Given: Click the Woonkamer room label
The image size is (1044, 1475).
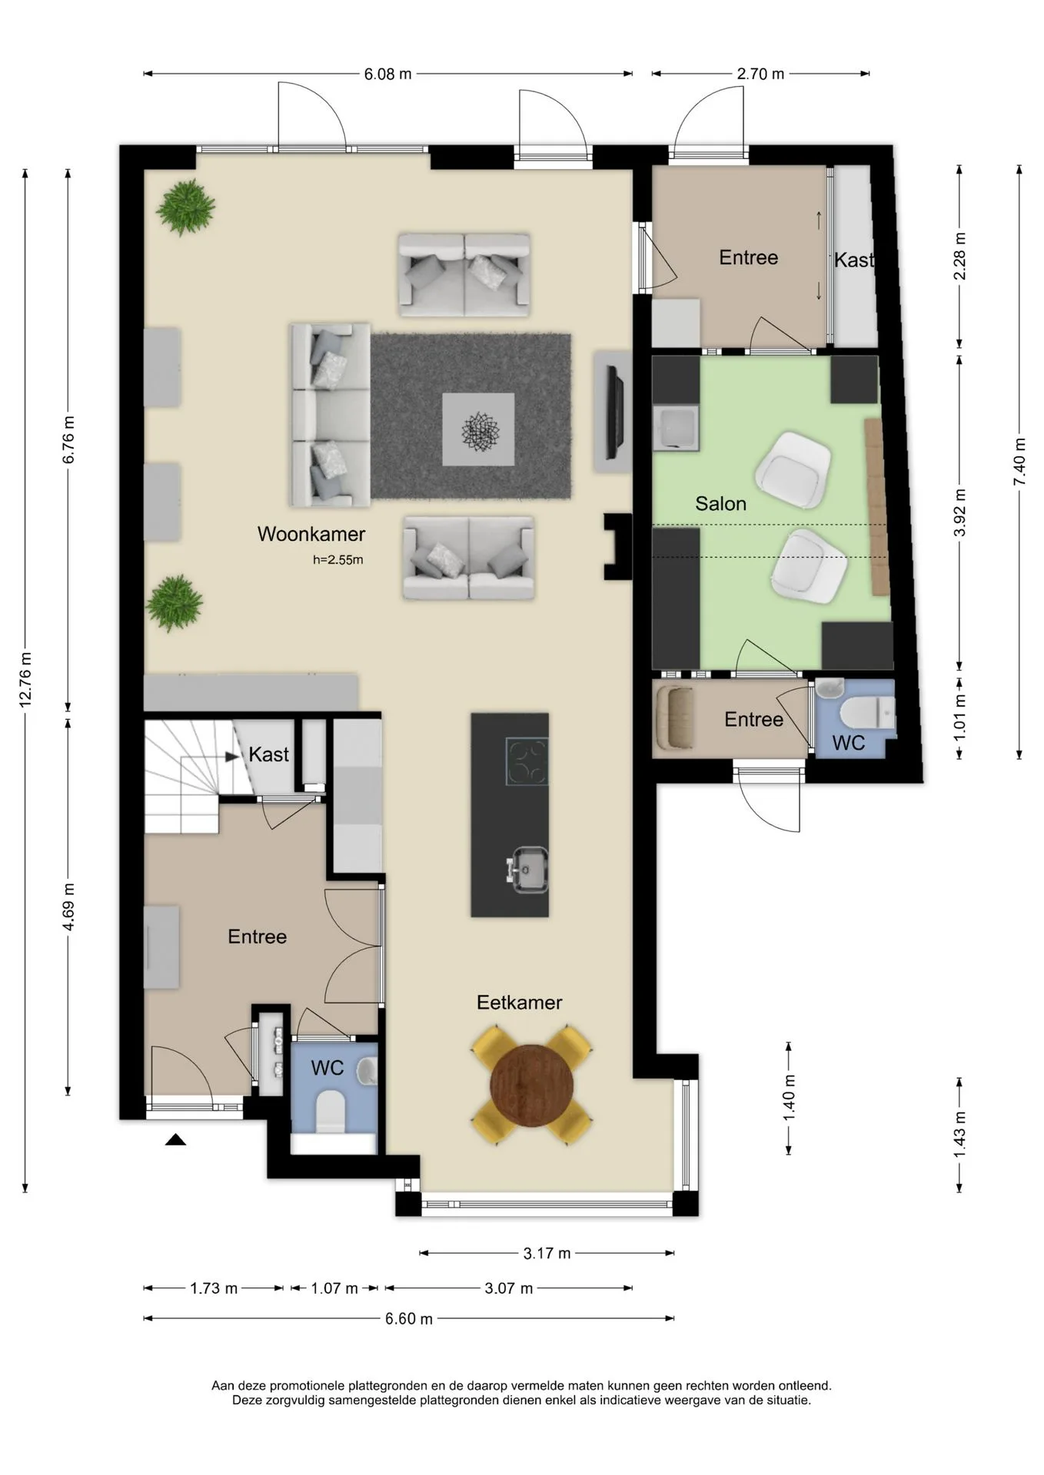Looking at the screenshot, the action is pyautogui.click(x=311, y=534).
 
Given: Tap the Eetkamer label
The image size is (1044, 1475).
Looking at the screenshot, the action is pyautogui.click(x=519, y=1002).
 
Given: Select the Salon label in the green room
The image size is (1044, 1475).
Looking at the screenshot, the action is pyautogui.click(x=720, y=503).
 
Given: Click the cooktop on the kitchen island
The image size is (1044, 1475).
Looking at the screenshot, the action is pyautogui.click(x=527, y=761).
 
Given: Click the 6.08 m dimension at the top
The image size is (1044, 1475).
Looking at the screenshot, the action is pyautogui.click(x=387, y=74).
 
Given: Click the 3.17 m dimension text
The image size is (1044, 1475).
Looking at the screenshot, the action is pyautogui.click(x=547, y=1253).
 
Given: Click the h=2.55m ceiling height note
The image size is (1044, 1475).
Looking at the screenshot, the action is pyautogui.click(x=337, y=560).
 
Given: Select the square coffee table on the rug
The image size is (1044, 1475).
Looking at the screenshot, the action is pyautogui.click(x=478, y=429).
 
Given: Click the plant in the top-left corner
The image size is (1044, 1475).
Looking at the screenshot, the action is pyautogui.click(x=185, y=207).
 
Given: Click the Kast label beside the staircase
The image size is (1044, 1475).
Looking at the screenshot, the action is pyautogui.click(x=268, y=754).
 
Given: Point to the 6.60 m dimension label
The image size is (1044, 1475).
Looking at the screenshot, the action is pyautogui.click(x=409, y=1318).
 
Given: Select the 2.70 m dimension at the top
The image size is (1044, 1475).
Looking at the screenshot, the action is pyautogui.click(x=760, y=74).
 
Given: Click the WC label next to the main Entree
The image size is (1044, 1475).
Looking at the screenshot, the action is pyautogui.click(x=327, y=1068).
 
